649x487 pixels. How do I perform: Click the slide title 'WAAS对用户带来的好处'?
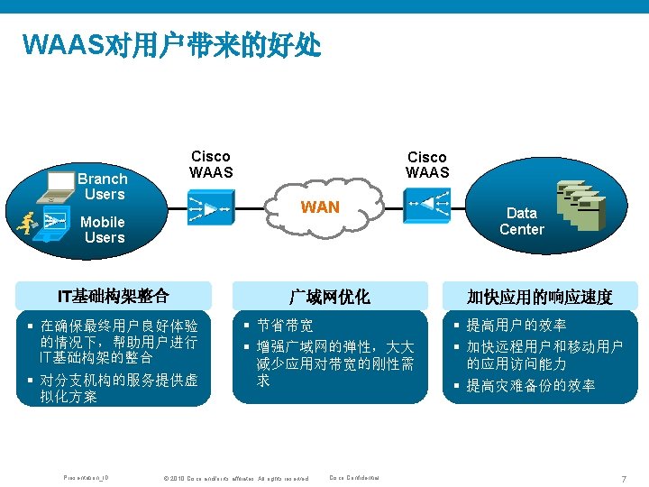coord(171,44)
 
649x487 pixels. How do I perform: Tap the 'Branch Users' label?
coord(105,186)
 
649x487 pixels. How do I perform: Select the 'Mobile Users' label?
coord(104,229)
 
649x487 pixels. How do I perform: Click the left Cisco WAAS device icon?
coord(211,209)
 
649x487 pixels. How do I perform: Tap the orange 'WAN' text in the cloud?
coord(320,207)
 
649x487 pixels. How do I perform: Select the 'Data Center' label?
coord(521,221)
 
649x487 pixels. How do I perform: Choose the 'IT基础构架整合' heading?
coord(114,296)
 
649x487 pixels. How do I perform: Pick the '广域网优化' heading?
coord(328,297)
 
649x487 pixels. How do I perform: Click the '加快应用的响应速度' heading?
coord(539,297)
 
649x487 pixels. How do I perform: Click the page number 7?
coord(623,477)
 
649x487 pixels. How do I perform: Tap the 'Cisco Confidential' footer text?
coord(354,477)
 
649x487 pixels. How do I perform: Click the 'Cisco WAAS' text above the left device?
coord(211,164)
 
